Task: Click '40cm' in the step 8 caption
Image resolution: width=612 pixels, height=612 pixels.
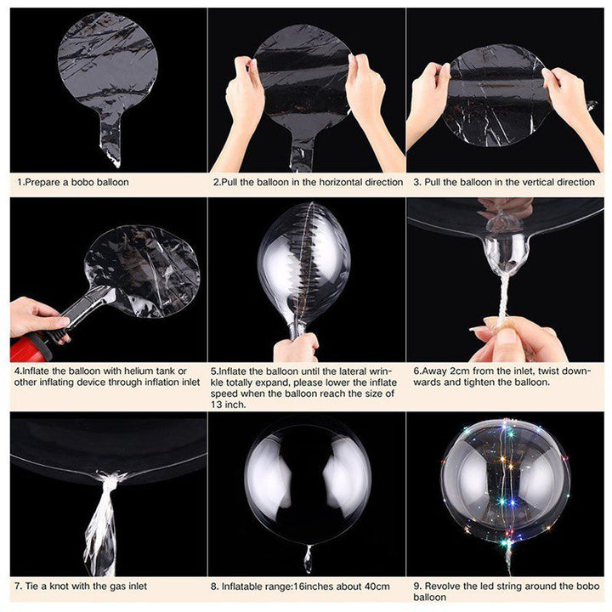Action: pyautogui.click(x=374, y=586)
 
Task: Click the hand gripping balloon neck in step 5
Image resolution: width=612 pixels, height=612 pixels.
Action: pyautogui.click(x=296, y=347)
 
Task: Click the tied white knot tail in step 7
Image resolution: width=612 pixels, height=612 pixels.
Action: pyautogui.click(x=102, y=518)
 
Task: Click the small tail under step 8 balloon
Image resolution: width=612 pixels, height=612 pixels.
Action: pyautogui.click(x=307, y=558)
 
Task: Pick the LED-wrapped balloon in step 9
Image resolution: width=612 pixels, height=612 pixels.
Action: pyautogui.click(x=505, y=480)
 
